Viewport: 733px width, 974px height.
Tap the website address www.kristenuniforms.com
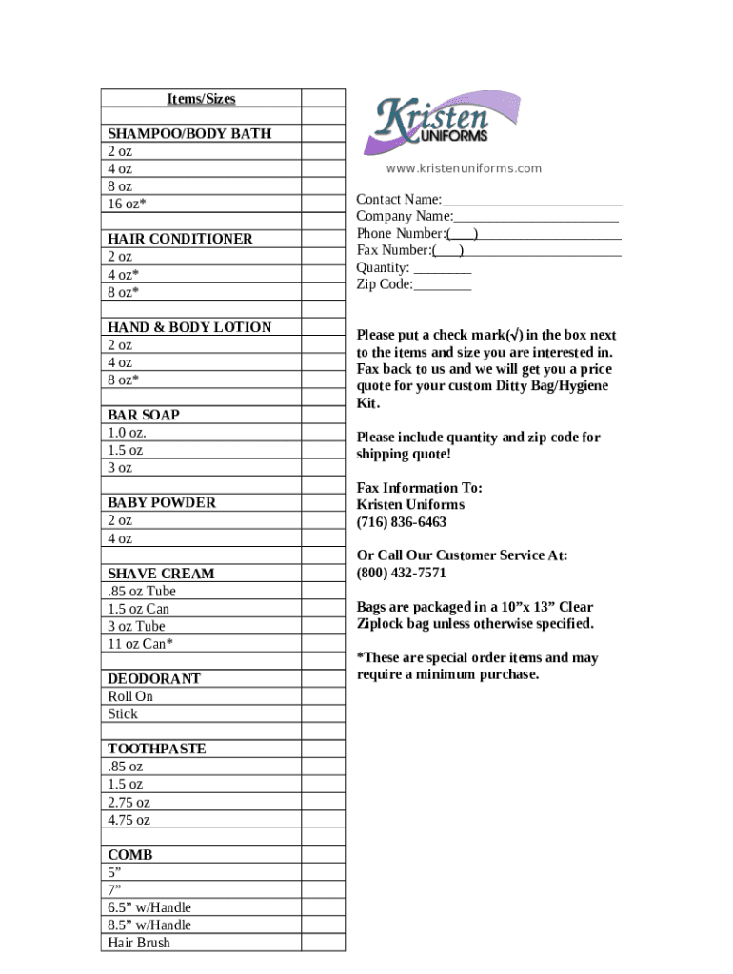pos(464,168)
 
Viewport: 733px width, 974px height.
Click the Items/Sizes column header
pos(201,99)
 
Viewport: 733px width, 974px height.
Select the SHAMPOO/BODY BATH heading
pos(189,134)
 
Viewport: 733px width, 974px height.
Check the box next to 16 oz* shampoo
pos(324,205)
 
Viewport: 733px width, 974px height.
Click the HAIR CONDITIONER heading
pos(180,240)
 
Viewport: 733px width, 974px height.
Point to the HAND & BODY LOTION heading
pos(189,327)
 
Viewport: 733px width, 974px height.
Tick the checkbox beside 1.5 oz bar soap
pos(324,451)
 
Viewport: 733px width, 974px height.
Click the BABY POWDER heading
pos(162,502)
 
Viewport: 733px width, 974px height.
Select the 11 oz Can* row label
pos(141,644)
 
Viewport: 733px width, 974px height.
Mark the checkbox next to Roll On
pos(324,696)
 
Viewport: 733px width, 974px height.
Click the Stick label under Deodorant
pos(123,714)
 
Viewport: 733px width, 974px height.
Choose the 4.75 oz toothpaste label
pos(129,820)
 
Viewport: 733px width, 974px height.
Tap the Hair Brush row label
pos(139,943)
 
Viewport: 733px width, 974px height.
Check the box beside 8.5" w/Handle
pos(324,925)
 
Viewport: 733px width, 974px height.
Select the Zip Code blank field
pos(443,285)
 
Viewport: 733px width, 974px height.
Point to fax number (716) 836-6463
pos(402,522)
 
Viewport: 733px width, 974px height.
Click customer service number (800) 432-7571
pos(402,573)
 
